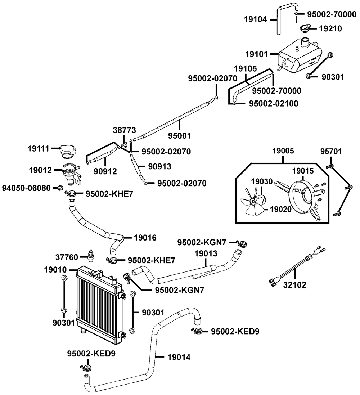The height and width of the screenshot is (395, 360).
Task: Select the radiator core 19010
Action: coord(97,302)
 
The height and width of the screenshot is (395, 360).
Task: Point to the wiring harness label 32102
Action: coord(295,285)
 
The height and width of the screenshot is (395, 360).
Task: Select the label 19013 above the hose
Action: coord(206,253)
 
